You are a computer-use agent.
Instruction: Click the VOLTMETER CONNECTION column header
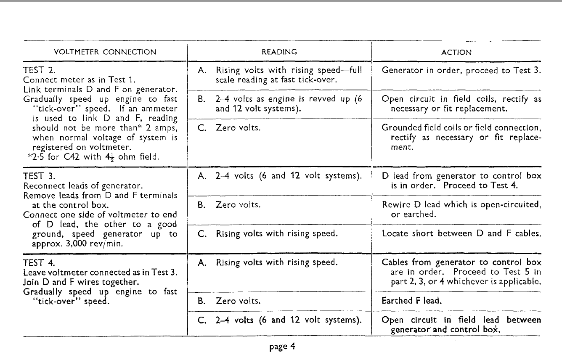(x=105, y=53)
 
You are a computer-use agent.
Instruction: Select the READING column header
(x=279, y=52)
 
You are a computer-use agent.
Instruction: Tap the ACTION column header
(x=456, y=53)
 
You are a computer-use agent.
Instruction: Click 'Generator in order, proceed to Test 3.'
(x=461, y=70)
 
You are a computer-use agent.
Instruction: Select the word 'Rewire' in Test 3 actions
(x=394, y=205)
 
